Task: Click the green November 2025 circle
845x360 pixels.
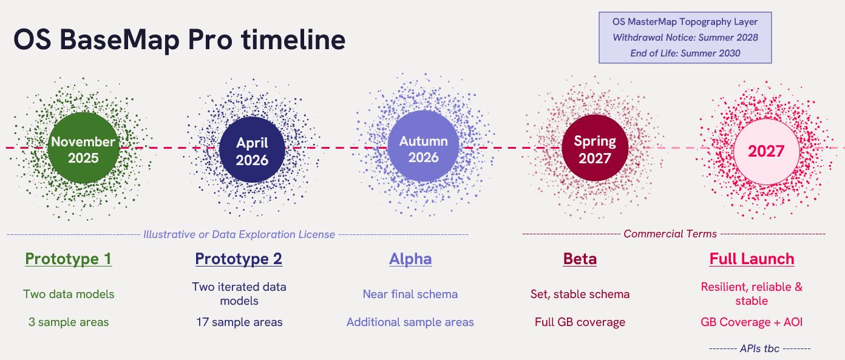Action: click(x=83, y=149)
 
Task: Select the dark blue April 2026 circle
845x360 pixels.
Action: click(x=252, y=151)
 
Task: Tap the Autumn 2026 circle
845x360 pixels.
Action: click(x=423, y=149)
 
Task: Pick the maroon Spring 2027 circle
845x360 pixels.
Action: click(x=594, y=149)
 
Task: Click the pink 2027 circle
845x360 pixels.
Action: click(x=766, y=151)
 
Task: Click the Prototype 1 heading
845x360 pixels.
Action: click(x=68, y=259)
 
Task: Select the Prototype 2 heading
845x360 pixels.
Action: click(x=239, y=259)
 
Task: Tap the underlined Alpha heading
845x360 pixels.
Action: click(x=410, y=259)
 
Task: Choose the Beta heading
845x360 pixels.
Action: click(x=580, y=259)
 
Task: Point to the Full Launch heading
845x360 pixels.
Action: click(x=752, y=259)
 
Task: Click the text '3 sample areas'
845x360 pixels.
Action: click(x=69, y=322)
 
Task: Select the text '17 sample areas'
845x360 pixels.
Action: click(x=239, y=322)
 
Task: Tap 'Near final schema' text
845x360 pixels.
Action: click(x=410, y=294)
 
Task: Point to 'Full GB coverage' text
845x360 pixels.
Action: click(x=580, y=322)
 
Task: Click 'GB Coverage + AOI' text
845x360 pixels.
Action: click(x=752, y=322)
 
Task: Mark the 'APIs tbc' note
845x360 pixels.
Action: click(x=760, y=348)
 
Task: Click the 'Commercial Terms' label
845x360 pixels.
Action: click(x=670, y=234)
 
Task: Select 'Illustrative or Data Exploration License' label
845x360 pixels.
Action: click(x=239, y=234)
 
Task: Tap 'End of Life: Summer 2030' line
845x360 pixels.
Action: click(x=685, y=53)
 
